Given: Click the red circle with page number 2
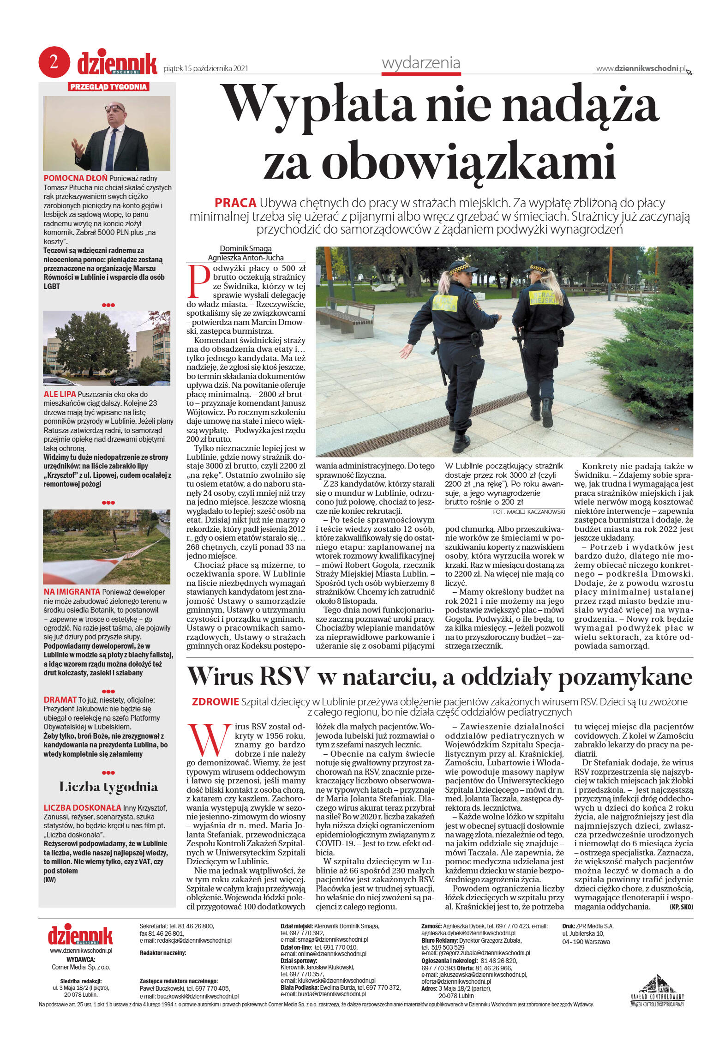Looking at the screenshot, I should [x=54, y=62].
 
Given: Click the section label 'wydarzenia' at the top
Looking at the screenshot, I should [x=420, y=63].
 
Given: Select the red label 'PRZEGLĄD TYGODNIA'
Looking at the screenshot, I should [x=108, y=87].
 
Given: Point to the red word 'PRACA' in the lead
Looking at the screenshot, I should [x=235, y=203].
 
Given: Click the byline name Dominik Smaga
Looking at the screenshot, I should [x=246, y=248].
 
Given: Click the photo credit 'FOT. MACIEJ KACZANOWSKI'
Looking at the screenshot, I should [x=528, y=511].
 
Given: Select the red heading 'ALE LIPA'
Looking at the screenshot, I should [x=60, y=394].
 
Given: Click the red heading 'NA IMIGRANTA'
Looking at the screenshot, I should [x=72, y=591].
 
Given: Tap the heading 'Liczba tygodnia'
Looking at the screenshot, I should [x=108, y=787].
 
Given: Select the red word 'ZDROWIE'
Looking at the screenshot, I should [x=215, y=702].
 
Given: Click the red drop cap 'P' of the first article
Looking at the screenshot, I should [x=198, y=281].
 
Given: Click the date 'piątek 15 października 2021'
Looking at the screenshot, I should [x=206, y=68].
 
